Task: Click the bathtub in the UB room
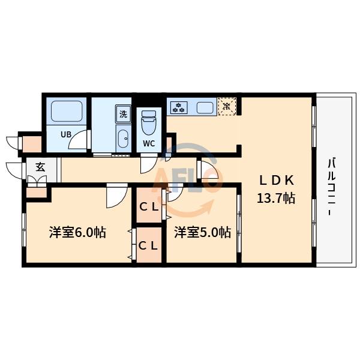(x=65, y=111)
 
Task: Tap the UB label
(x=65, y=134)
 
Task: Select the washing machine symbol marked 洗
(x=122, y=113)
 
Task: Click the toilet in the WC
(x=148, y=124)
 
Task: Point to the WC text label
(x=149, y=143)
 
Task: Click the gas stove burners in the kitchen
(x=179, y=108)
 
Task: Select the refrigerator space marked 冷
(x=227, y=107)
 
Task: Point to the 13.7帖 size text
(x=275, y=199)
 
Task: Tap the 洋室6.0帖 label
(x=77, y=232)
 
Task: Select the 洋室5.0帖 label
(x=202, y=232)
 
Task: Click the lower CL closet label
(x=149, y=245)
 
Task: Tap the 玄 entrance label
(x=40, y=167)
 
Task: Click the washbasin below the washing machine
(x=122, y=137)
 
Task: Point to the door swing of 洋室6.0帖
(x=116, y=197)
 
